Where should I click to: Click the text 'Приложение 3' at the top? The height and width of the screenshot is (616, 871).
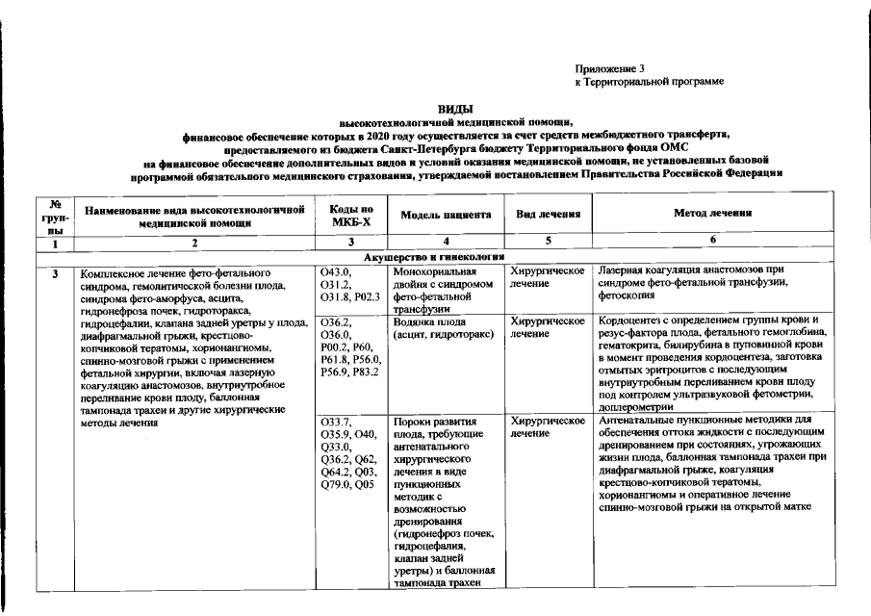609,69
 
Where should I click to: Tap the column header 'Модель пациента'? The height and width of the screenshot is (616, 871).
446,216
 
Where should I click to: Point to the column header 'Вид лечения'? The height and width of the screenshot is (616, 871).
546,215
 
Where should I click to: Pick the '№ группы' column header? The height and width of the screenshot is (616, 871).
56,216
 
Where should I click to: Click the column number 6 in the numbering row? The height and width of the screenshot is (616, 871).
713,244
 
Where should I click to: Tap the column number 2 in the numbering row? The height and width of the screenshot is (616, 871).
194,244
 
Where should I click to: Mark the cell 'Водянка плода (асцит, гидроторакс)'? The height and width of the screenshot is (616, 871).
446,328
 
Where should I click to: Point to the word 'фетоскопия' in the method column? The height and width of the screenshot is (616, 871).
627,296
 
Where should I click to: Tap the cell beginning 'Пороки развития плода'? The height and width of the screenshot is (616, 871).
446,500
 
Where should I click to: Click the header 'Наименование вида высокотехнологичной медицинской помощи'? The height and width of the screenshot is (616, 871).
194,215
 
